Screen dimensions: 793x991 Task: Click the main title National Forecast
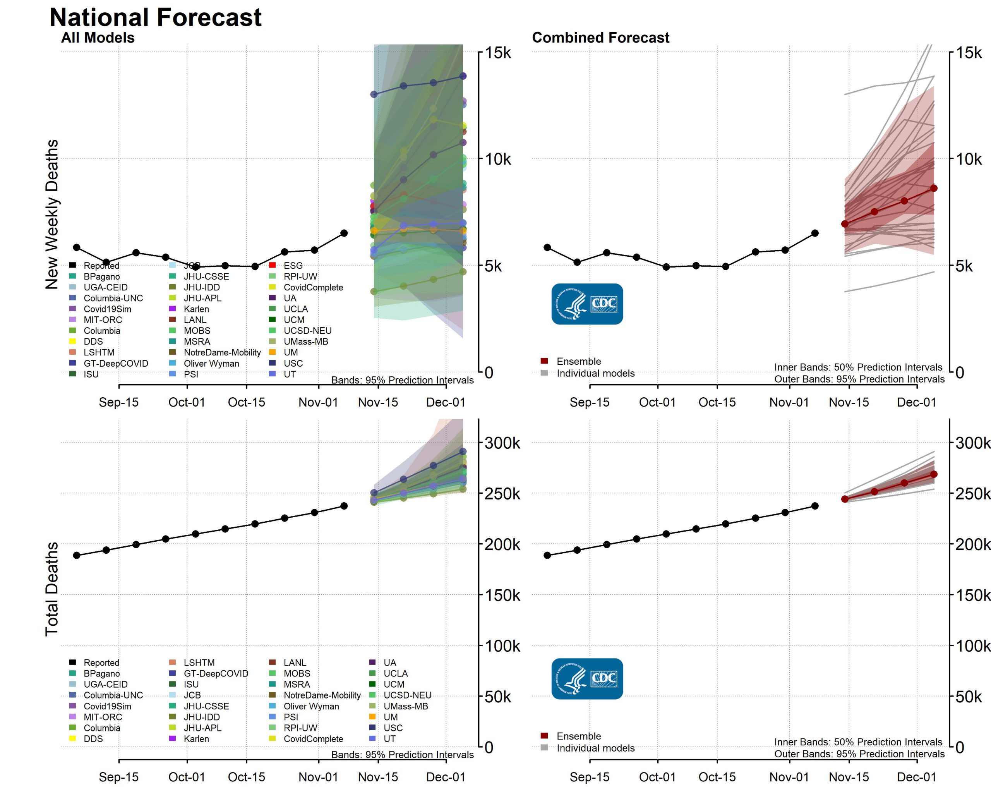(155, 17)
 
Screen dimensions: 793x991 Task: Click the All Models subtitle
(98, 38)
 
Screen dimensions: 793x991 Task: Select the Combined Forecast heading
(600, 38)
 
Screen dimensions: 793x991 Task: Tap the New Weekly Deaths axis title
(51, 214)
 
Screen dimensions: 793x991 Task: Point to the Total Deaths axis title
(51, 589)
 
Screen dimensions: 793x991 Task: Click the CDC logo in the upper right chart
(587, 304)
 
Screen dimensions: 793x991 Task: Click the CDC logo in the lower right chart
(587, 678)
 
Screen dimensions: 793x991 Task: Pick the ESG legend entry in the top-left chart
(293, 266)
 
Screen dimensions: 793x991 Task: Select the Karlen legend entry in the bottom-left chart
(196, 739)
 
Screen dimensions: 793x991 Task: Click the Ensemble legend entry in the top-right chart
(578, 361)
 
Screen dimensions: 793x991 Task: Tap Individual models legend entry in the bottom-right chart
(595, 748)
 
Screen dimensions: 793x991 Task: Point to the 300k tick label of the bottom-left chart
(502, 443)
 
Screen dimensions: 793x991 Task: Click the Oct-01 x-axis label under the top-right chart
(657, 402)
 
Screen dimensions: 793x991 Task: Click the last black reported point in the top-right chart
(815, 233)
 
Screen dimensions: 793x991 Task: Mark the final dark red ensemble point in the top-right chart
(934, 188)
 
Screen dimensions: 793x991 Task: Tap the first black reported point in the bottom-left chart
(77, 555)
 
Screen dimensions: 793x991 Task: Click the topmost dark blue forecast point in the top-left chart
(463, 76)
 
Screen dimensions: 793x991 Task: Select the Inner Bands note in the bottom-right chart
(858, 742)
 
